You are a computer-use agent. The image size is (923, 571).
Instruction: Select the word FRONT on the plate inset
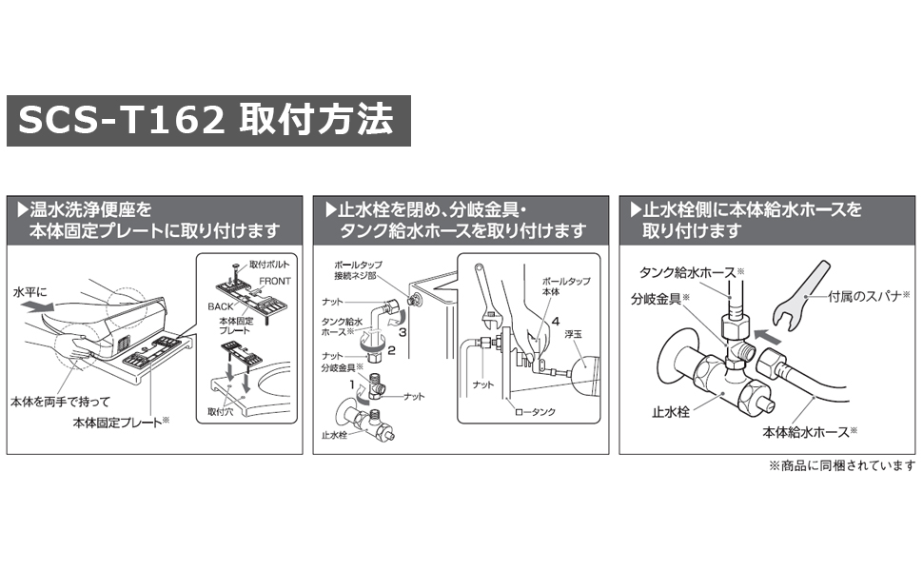(275, 281)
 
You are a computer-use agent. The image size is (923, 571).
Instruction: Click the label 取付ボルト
(269, 264)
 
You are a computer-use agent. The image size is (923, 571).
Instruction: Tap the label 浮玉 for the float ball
(572, 334)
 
